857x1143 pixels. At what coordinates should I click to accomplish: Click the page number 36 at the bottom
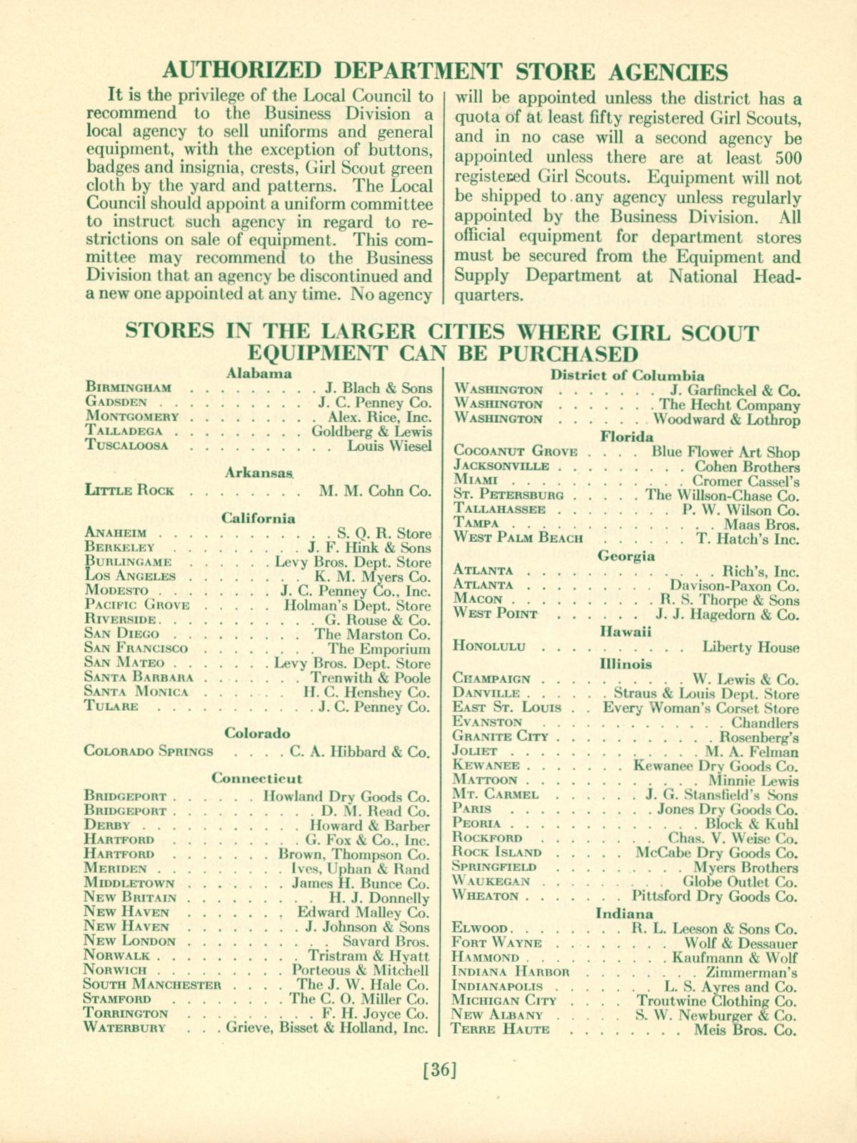(x=438, y=1070)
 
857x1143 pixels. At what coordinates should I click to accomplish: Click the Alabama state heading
(x=259, y=372)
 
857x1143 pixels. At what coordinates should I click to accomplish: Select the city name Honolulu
(x=490, y=647)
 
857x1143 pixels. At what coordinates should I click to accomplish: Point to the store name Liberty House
(x=751, y=647)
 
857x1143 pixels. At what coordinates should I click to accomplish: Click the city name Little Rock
(x=129, y=491)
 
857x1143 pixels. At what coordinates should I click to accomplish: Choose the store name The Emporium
(x=379, y=649)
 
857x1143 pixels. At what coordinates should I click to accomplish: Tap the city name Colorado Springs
(x=149, y=751)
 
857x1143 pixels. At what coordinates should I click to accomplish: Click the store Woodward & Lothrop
(x=726, y=419)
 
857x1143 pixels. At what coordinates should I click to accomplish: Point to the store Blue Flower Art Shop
(x=726, y=451)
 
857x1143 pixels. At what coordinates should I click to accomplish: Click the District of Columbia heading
(x=627, y=376)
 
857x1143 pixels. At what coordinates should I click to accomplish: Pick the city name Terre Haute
(x=501, y=1029)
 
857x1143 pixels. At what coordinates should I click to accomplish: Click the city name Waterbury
(x=125, y=1028)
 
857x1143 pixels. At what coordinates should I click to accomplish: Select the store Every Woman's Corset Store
(x=701, y=708)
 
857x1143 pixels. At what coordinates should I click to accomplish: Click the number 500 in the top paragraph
(x=786, y=158)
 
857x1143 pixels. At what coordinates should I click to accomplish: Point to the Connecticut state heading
(x=257, y=778)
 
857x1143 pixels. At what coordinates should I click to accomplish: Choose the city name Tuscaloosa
(x=126, y=446)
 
